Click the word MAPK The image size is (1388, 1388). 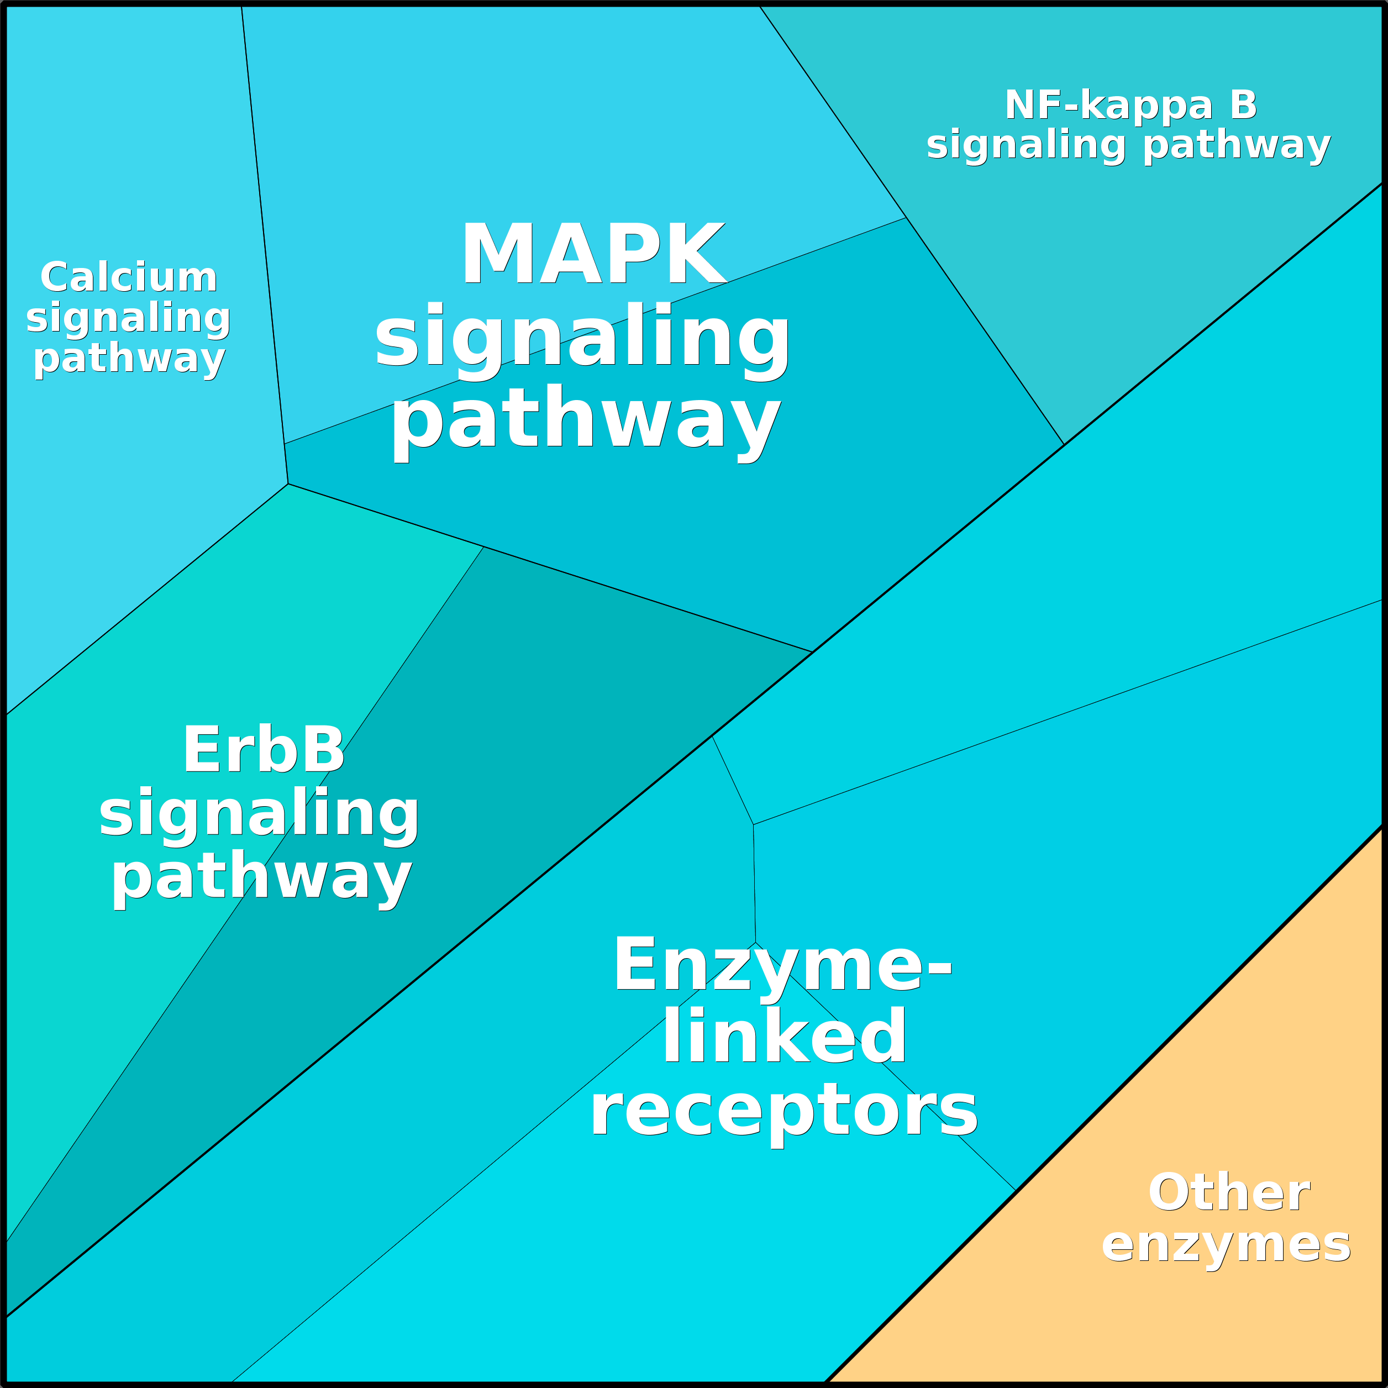[593, 255]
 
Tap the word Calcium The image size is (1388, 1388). [129, 278]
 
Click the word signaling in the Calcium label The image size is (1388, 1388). [129, 318]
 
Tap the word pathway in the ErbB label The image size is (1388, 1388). [261, 878]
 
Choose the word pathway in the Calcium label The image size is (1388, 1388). [129, 359]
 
